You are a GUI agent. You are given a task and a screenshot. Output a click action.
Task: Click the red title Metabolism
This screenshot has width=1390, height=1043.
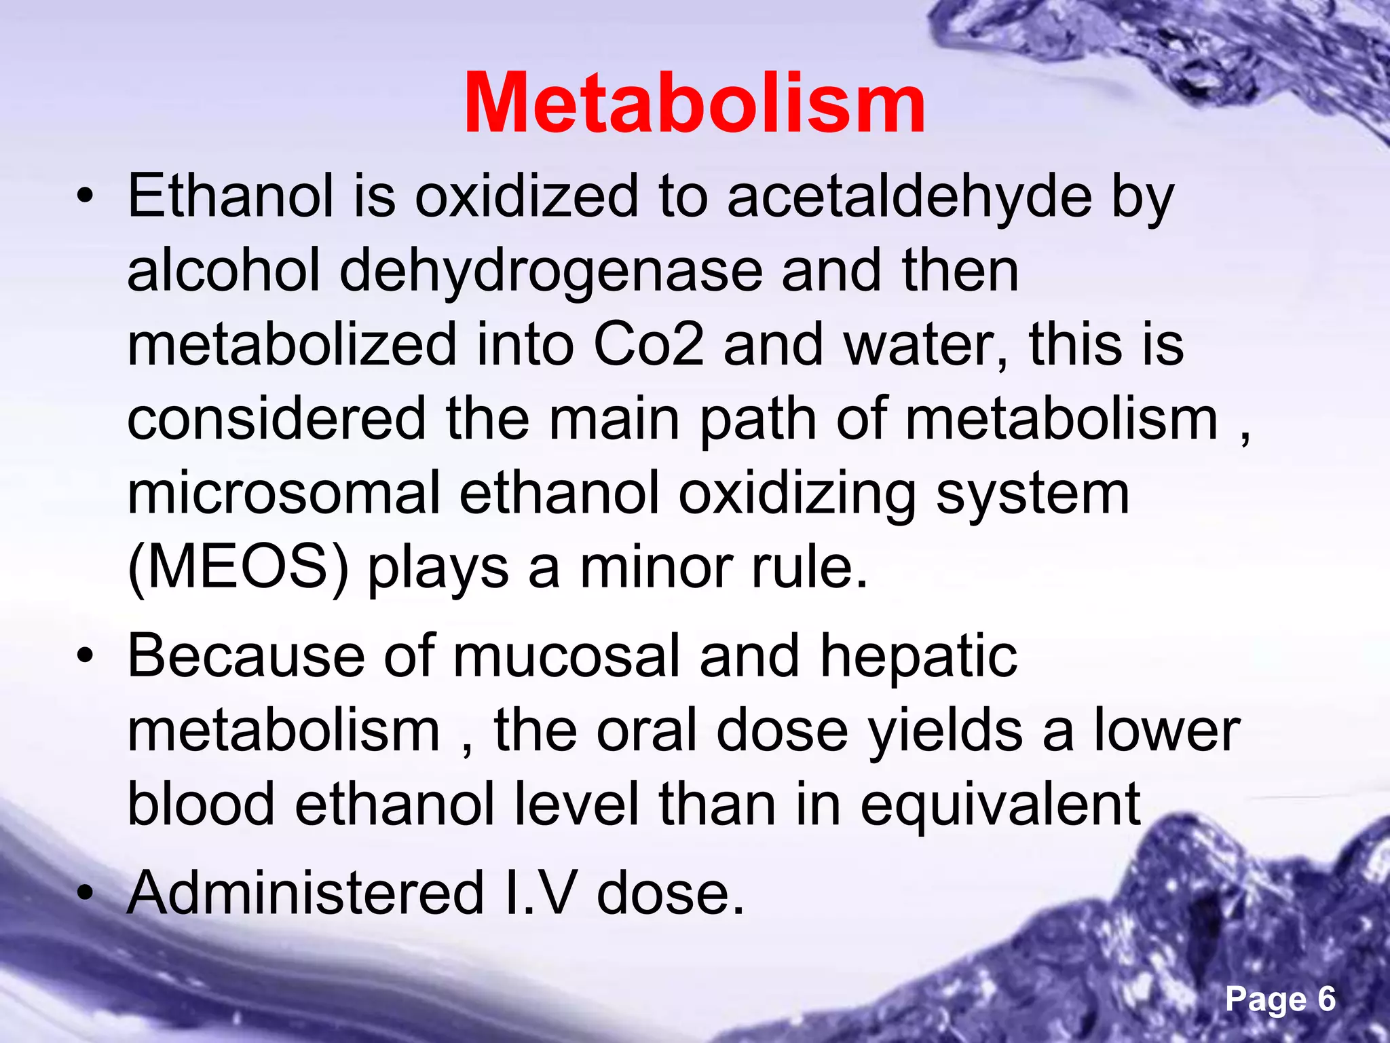coord(694,103)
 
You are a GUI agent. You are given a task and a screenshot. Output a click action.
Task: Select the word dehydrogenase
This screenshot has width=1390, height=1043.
coord(550,272)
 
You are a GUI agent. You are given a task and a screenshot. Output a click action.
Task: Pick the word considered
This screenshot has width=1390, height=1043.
coord(277,419)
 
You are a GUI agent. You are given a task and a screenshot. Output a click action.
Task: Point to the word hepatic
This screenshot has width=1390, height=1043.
coord(918,656)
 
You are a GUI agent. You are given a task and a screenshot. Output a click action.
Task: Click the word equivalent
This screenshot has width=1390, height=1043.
coord(1000,805)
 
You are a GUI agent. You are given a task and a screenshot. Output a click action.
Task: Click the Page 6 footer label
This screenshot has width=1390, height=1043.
coord(1280,999)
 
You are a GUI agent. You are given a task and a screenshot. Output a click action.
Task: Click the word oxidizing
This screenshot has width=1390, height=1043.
coord(798,494)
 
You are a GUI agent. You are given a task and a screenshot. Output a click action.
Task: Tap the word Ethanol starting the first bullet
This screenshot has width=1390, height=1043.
coord(231,197)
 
